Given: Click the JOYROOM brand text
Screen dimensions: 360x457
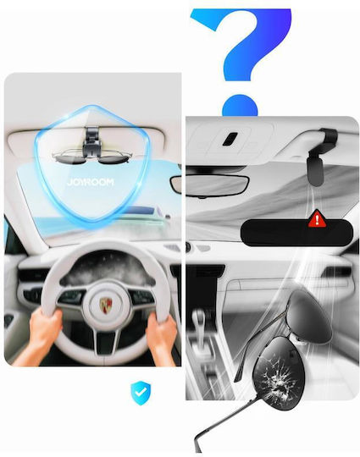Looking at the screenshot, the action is (x=90, y=183).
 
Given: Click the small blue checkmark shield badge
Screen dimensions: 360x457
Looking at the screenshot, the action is (x=141, y=393).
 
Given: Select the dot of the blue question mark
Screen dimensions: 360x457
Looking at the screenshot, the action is (x=240, y=106).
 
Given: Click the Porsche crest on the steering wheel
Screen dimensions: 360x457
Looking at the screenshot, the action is (x=106, y=306).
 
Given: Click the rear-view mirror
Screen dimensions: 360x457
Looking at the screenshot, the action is (x=209, y=185).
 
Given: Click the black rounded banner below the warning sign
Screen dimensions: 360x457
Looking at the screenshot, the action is (x=296, y=233).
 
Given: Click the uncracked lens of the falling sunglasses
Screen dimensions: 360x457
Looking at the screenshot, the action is (x=310, y=317).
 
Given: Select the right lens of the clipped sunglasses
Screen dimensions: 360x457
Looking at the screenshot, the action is (x=114, y=159).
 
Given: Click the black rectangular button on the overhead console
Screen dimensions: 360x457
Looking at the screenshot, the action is (x=230, y=139).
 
